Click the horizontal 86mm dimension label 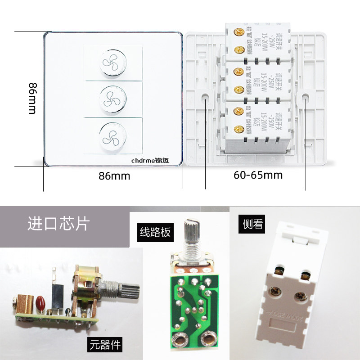pyautogui.click(x=114, y=176)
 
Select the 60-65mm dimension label pyautogui.click(x=258, y=175)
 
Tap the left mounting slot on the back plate pyautogui.click(x=206, y=98)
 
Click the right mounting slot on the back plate pyautogui.click(x=306, y=98)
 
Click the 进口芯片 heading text pyautogui.click(x=58, y=224)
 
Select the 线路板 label pyautogui.click(x=155, y=232)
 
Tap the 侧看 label pyautogui.click(x=252, y=224)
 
